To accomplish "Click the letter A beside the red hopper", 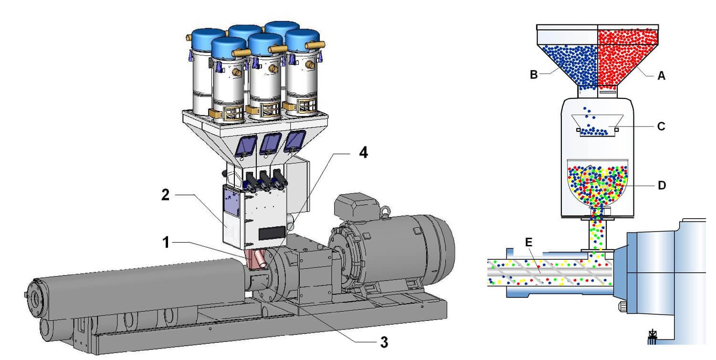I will click(x=661, y=75).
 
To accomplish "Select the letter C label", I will click(x=661, y=127).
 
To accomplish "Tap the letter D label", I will click(x=661, y=185).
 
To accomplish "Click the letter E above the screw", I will click(x=527, y=242).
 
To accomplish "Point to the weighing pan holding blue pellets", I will click(x=597, y=125).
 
